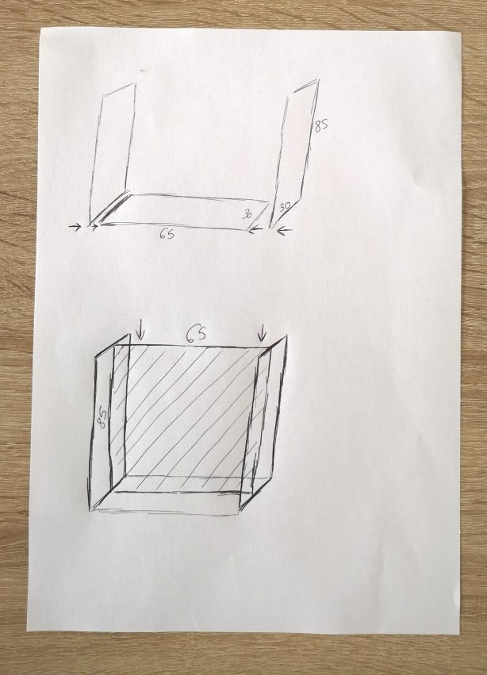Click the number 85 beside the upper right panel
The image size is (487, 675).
(320, 125)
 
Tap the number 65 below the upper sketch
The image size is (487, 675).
(167, 234)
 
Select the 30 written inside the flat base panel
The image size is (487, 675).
(247, 214)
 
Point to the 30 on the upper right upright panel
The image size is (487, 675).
(284, 206)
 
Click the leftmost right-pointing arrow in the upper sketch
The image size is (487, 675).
(75, 226)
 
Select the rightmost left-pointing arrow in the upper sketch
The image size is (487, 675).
(284, 232)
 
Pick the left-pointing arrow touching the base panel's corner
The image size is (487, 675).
(255, 230)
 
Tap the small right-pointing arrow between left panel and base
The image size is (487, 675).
(94, 226)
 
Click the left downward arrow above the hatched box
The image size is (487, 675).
(140, 329)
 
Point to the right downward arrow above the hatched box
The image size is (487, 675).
(262, 332)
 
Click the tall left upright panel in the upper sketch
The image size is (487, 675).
(113, 153)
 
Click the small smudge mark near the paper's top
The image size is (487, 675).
(143, 70)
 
